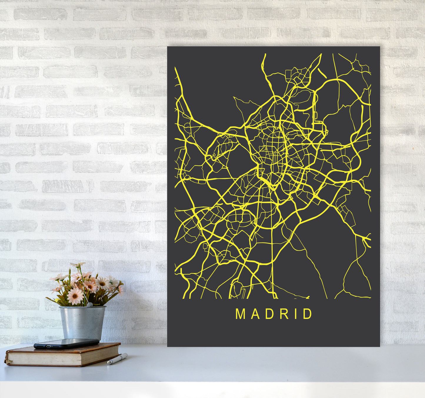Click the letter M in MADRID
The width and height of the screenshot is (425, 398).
240,314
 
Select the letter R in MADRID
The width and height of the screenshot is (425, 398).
284,314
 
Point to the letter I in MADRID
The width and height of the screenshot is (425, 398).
296,314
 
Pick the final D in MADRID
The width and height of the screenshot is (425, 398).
308,314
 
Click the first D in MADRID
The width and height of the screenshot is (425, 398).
270,314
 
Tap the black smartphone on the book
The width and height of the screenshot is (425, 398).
66,343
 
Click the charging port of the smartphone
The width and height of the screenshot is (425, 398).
36,347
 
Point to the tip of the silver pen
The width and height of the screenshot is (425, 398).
108,364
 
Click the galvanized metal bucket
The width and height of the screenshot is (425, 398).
82,322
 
